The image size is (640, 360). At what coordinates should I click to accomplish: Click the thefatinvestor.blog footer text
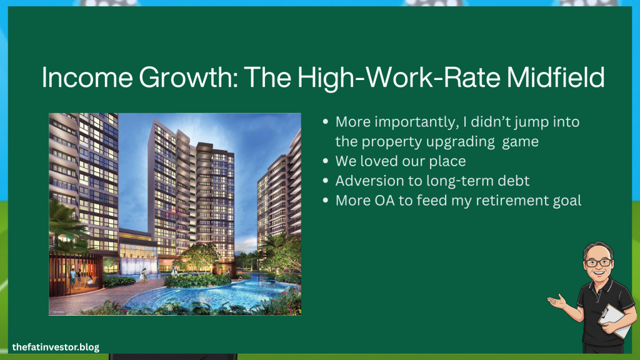[x=56, y=347]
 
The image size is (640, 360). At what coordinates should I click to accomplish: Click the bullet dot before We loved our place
[x=325, y=161]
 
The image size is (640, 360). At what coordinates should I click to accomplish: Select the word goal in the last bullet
[x=567, y=201]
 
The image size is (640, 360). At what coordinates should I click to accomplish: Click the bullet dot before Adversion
[x=325, y=181]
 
